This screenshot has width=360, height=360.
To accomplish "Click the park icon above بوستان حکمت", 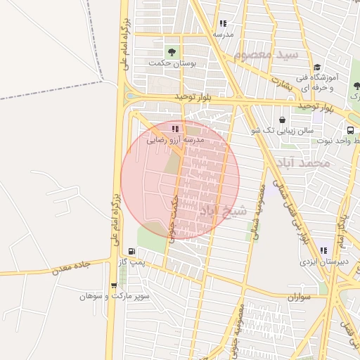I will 172,51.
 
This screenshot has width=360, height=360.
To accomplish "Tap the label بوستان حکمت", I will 172,63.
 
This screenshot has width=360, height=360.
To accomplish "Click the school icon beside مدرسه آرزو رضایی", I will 175,129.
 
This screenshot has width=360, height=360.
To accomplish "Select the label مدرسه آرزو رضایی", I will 175,140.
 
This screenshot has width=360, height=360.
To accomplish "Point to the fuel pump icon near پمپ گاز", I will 131,251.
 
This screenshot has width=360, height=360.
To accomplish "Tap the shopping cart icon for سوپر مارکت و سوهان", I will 114,285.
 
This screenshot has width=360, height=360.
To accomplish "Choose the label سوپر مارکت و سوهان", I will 114,297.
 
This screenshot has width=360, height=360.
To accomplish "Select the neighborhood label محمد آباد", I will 303,163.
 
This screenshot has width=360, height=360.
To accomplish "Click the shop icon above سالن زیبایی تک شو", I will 282,120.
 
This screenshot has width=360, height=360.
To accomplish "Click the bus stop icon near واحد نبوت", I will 349,130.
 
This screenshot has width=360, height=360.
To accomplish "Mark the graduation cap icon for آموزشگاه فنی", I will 317,66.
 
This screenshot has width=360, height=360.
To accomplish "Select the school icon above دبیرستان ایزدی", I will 323,250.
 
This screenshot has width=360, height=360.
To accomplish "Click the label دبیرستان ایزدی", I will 323,262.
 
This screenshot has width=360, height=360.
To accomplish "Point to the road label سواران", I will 298,297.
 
